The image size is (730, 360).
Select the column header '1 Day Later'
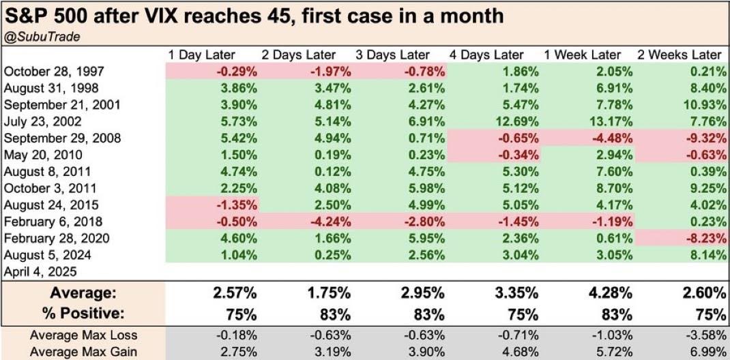(x=201, y=55)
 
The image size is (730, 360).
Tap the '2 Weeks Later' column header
(x=679, y=55)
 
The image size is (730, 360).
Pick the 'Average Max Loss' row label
(x=83, y=334)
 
